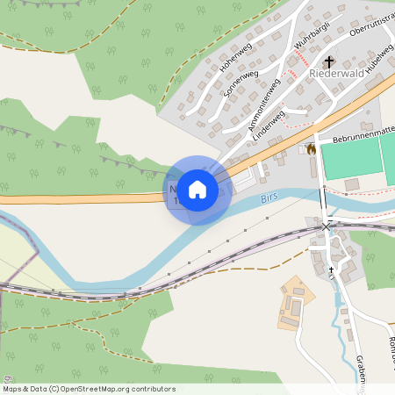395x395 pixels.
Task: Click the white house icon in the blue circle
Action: tap(197, 189)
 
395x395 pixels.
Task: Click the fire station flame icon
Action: tap(310, 149)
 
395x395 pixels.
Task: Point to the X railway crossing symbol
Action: tap(326, 226)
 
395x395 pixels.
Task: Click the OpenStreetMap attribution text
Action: tap(89, 389)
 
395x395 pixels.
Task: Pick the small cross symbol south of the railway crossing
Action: tap(331, 269)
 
